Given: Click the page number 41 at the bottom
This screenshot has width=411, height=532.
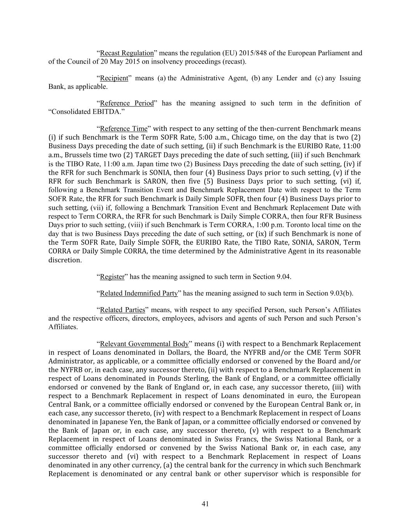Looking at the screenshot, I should pos(205,504).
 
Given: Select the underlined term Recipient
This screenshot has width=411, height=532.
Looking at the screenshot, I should pos(114,78).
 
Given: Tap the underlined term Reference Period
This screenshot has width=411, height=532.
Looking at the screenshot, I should pos(127,103).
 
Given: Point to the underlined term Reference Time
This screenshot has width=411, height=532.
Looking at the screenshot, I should pos(124,129).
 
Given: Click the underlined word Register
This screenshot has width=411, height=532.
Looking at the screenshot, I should pos(112,277).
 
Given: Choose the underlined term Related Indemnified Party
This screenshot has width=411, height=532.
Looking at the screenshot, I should pos(139,293).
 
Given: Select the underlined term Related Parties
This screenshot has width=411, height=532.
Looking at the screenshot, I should pos(122,310).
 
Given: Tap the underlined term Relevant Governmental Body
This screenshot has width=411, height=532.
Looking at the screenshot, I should pos(144,344).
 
